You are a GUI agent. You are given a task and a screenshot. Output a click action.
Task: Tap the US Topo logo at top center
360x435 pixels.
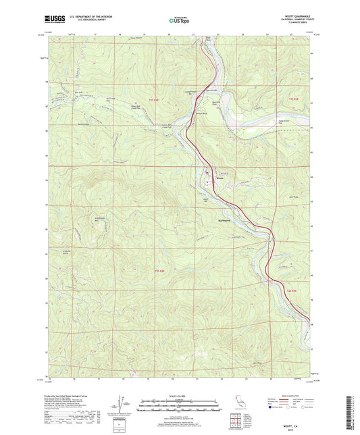point(179,21)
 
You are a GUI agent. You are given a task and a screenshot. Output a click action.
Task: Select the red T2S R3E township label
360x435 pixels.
point(291,289)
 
